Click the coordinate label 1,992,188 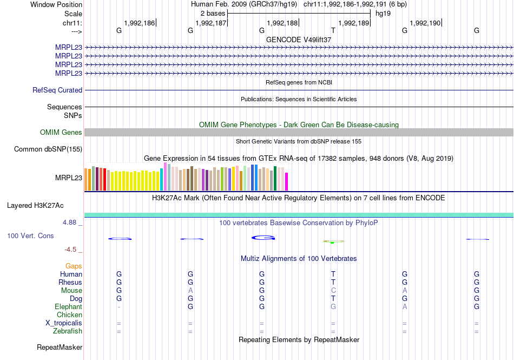click(282, 23)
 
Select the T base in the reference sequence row click(333, 31)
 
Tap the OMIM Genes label click(61, 133)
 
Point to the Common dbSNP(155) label click(48, 149)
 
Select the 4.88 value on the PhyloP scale click(72, 222)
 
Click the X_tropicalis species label click(64, 323)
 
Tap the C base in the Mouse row click(333, 290)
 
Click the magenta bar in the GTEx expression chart click(287, 181)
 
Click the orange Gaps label click(74, 266)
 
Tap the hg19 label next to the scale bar click(383, 12)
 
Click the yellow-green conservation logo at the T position click(333, 241)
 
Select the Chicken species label click(69, 315)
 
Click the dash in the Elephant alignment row click(119, 307)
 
